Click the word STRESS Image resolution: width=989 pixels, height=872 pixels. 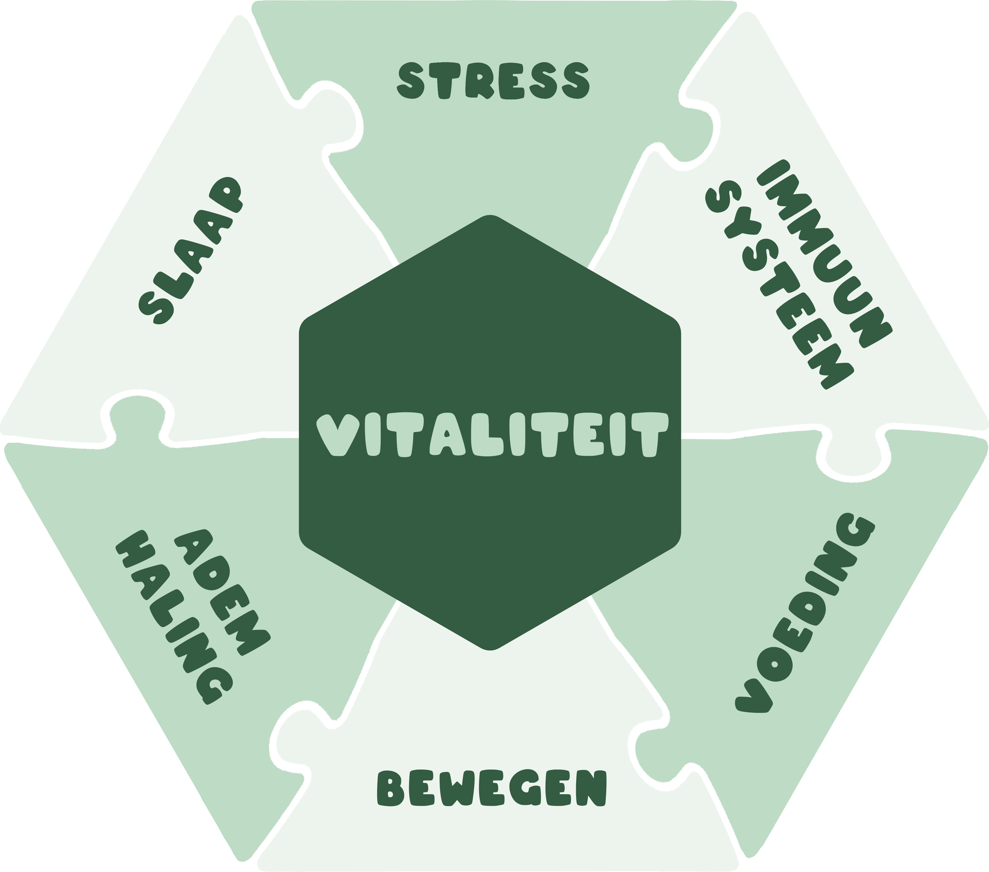click(x=493, y=81)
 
